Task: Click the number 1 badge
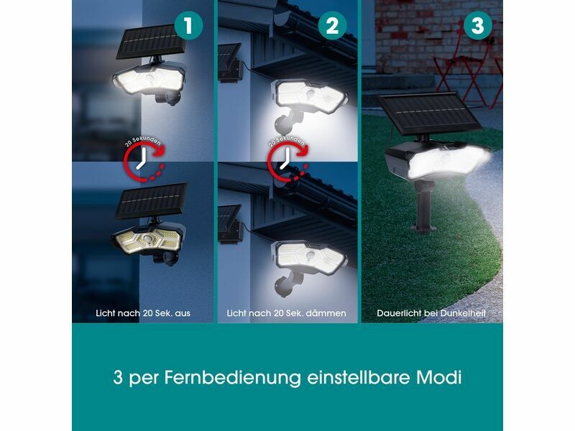(x=188, y=26)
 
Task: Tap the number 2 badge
(x=332, y=26)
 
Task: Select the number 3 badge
(x=478, y=26)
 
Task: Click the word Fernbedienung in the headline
(x=232, y=378)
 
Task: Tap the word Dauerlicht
(x=399, y=313)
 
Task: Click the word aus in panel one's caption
(x=183, y=314)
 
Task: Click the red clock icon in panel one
(x=144, y=159)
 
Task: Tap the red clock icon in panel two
(x=287, y=159)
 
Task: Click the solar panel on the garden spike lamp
(x=428, y=114)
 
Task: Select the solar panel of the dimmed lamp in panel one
(x=151, y=200)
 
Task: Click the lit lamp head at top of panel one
(x=149, y=81)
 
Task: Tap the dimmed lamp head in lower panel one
(x=148, y=239)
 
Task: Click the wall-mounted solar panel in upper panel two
(x=229, y=62)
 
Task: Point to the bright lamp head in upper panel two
(x=309, y=95)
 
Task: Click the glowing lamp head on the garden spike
(x=438, y=160)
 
